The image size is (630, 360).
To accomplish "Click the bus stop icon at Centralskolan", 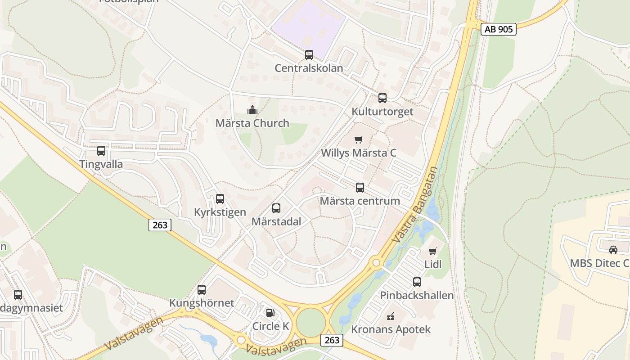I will coord(309,55).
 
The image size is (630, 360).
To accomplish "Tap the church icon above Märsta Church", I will coord(252,109).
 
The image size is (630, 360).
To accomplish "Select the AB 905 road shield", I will coord(498,29).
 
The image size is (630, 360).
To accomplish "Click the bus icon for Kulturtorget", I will coord(382,98).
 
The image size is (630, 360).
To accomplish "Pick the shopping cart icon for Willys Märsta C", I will coord(359,139).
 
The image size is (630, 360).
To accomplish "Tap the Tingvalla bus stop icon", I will coord(101,151).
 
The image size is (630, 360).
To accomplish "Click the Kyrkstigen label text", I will coord(220,212).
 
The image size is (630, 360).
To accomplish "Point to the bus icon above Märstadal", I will coord(276,208).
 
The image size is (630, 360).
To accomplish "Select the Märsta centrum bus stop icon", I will coord(360,188).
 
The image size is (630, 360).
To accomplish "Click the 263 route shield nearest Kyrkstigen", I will coord(160,225).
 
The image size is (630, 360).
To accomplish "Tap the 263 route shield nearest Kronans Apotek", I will coord(332,340).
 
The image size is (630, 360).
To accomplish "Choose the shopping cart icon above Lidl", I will coord(433,251).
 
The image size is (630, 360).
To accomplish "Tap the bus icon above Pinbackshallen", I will coord(417,282).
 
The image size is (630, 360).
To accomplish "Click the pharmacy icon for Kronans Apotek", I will coord(391,316).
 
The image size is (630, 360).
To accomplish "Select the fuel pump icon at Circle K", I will coord(270,312).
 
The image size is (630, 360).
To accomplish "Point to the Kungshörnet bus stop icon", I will coord(202,290).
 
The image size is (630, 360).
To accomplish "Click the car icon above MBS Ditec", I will coord(613,250).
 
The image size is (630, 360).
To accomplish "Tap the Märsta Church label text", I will coord(252,123).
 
